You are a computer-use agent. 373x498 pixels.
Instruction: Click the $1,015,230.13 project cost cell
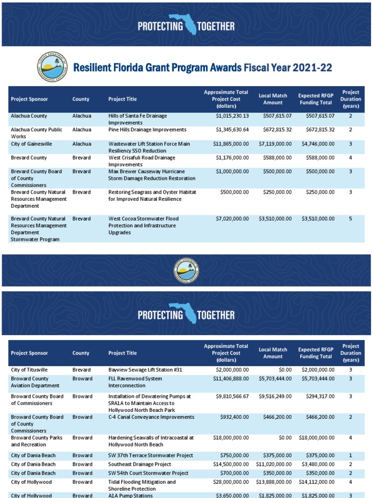pyautogui.click(x=232, y=116)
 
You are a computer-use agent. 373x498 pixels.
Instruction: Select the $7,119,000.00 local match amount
pyautogui.click(x=274, y=144)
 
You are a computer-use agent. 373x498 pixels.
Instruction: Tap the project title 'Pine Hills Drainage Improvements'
pyautogui.click(x=147, y=130)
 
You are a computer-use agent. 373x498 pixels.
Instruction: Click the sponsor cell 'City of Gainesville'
pyautogui.click(x=32, y=144)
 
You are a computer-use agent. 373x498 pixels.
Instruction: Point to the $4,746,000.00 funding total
pyautogui.click(x=316, y=144)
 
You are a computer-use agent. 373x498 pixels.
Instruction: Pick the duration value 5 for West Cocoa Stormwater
pyautogui.click(x=350, y=219)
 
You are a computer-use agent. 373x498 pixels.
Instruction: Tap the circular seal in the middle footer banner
pyautogui.click(x=186, y=269)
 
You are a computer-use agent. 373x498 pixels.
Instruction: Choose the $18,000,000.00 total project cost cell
pyautogui.click(x=231, y=438)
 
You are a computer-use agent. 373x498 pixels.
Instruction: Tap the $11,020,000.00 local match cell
pyautogui.click(x=273, y=464)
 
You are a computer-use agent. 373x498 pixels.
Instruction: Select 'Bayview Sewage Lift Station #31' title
pyautogui.click(x=145, y=370)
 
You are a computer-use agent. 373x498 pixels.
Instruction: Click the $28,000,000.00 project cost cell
pyautogui.click(x=231, y=482)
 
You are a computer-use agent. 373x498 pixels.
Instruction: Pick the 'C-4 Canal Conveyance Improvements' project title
pyautogui.click(x=151, y=417)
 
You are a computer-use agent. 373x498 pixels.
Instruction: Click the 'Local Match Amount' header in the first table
pyautogui.click(x=273, y=99)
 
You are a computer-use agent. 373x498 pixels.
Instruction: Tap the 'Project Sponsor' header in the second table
pyautogui.click(x=29, y=353)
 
